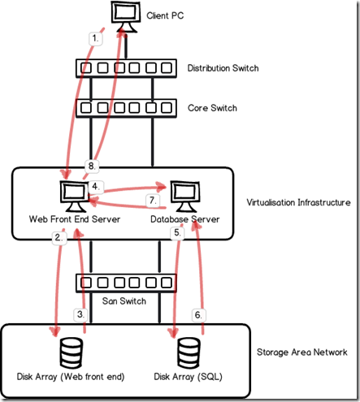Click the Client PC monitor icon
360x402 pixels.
[x=126, y=17]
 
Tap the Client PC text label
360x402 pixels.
[x=165, y=15]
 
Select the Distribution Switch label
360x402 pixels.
[x=223, y=68]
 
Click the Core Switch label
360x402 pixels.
[x=212, y=108]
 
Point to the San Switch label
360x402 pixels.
[x=124, y=301]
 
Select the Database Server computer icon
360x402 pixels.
[x=185, y=196]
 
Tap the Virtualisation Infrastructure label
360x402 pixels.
[x=298, y=202]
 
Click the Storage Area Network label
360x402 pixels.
[x=302, y=352]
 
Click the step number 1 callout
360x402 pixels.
[x=96, y=38]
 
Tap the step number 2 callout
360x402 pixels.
[x=59, y=238]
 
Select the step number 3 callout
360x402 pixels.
[x=80, y=314]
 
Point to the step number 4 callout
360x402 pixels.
[x=96, y=187]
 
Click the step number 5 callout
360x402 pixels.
[x=177, y=232]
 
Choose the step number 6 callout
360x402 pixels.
[x=198, y=315]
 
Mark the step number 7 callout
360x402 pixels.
[x=153, y=201]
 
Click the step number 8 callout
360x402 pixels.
[x=92, y=166]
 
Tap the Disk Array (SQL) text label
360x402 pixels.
[x=189, y=377]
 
